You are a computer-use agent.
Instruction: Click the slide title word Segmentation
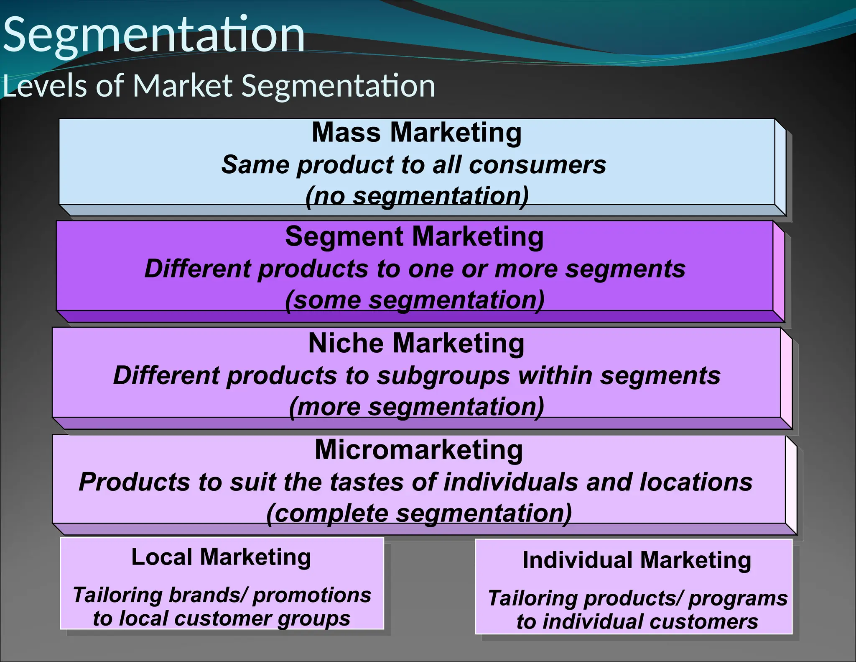154,35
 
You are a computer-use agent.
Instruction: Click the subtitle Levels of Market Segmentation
219,86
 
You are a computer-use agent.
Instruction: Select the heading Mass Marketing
417,133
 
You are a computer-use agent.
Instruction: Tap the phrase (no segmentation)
417,196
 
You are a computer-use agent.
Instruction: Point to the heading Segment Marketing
414,237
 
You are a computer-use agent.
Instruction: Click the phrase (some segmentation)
415,300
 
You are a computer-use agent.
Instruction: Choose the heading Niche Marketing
416,344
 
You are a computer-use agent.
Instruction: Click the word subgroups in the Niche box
443,376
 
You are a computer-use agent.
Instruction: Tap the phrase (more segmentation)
416,407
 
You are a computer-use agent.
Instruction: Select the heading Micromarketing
419,450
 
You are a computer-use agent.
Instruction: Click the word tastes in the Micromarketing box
367,482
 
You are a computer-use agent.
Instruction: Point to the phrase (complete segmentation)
419,513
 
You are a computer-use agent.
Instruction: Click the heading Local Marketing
221,557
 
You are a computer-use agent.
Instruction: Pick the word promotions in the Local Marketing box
312,595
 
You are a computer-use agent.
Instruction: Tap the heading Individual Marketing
637,560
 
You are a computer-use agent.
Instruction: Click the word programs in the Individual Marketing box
737,598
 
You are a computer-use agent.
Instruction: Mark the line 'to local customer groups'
222,618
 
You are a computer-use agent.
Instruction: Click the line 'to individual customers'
637,622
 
